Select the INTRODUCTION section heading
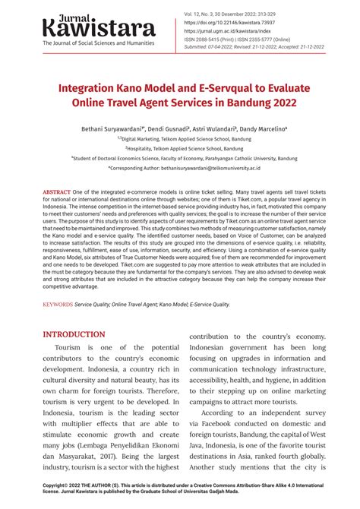pos(74,334)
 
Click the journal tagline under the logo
pos(99,43)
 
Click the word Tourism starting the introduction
pos(61,358)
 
